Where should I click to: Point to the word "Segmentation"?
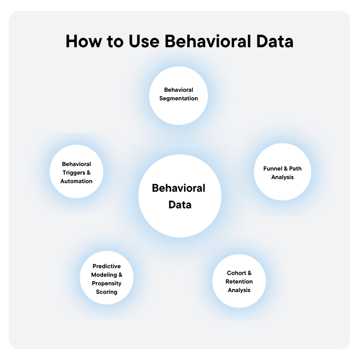(x=179, y=99)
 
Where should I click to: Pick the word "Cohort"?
(x=236, y=273)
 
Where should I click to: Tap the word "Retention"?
(x=239, y=282)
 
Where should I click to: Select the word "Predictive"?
(x=107, y=266)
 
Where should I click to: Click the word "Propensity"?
(x=107, y=283)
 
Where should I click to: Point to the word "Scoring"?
(x=107, y=292)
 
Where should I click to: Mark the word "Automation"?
(x=76, y=181)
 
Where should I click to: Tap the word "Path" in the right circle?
(x=295, y=169)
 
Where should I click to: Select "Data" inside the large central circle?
(x=180, y=205)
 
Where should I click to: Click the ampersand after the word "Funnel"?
(x=285, y=169)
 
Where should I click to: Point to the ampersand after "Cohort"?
(x=249, y=273)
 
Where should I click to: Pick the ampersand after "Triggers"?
(x=88, y=173)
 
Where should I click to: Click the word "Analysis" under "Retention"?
(x=239, y=290)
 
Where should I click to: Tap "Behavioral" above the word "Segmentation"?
(x=179, y=90)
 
